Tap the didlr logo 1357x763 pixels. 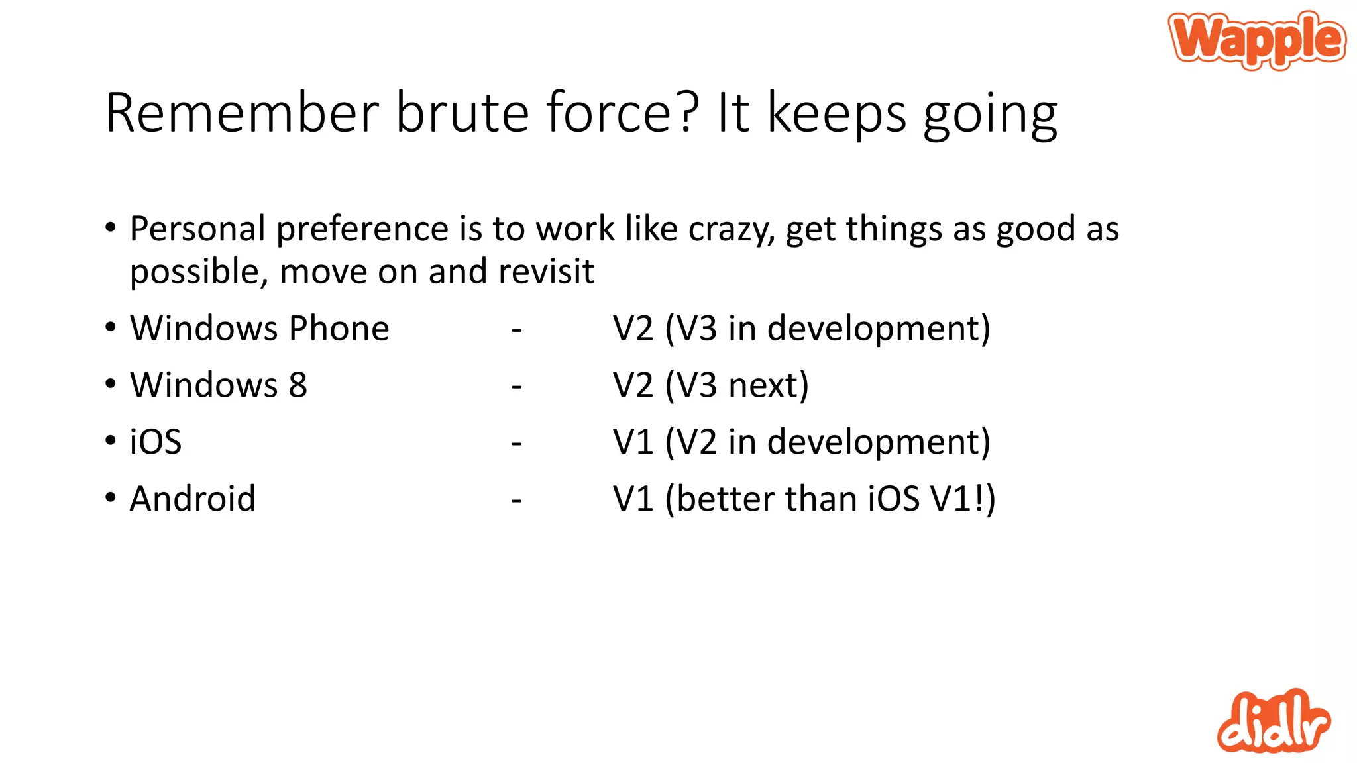coord(1273,722)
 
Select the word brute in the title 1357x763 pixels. coord(462,113)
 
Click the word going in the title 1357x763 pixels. coord(990,116)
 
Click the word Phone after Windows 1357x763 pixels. coord(339,329)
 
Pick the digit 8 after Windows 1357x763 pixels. coord(298,385)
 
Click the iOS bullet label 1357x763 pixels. coord(156,442)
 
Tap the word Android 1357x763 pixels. coord(193,499)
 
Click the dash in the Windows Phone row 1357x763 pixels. coord(517,329)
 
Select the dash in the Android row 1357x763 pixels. coord(517,499)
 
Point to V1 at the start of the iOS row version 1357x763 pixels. coord(633,442)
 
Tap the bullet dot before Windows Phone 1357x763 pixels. coord(111,327)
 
